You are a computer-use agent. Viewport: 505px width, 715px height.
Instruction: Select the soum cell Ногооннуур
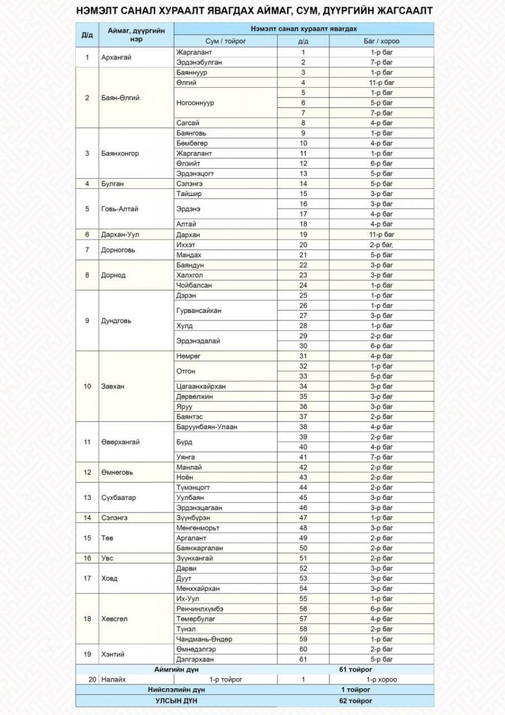point(195,102)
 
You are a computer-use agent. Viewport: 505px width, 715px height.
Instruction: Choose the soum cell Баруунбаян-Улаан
point(207,427)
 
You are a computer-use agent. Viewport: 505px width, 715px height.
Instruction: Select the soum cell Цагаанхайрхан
point(201,386)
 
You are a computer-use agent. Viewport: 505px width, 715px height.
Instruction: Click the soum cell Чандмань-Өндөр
point(204,639)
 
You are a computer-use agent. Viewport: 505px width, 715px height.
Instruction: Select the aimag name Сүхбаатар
point(118,498)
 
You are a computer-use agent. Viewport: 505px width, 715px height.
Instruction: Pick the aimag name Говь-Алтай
point(118,209)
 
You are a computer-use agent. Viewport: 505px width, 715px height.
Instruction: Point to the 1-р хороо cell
point(381,679)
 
